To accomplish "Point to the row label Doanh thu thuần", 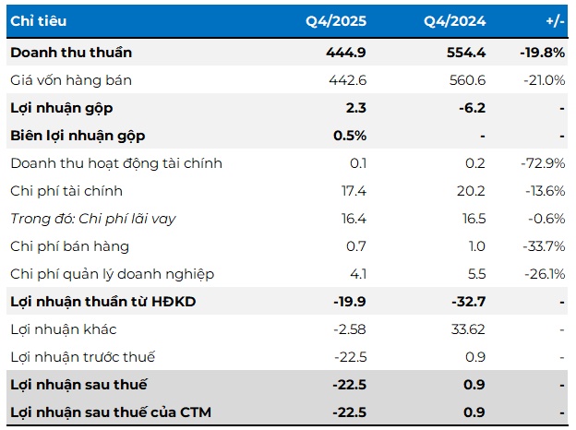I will pyautogui.click(x=68, y=53).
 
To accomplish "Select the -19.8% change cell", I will pyautogui.click(x=542, y=53).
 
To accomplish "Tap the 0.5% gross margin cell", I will pyautogui.click(x=351, y=136).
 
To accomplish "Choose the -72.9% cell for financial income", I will pyautogui.click(x=543, y=163).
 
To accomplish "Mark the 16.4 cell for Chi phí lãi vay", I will pyautogui.click(x=354, y=219).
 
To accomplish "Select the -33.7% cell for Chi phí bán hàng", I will pyautogui.click(x=543, y=246).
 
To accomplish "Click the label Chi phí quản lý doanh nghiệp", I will pyautogui.click(x=112, y=274).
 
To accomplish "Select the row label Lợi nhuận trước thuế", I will pyautogui.click(x=83, y=357).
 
